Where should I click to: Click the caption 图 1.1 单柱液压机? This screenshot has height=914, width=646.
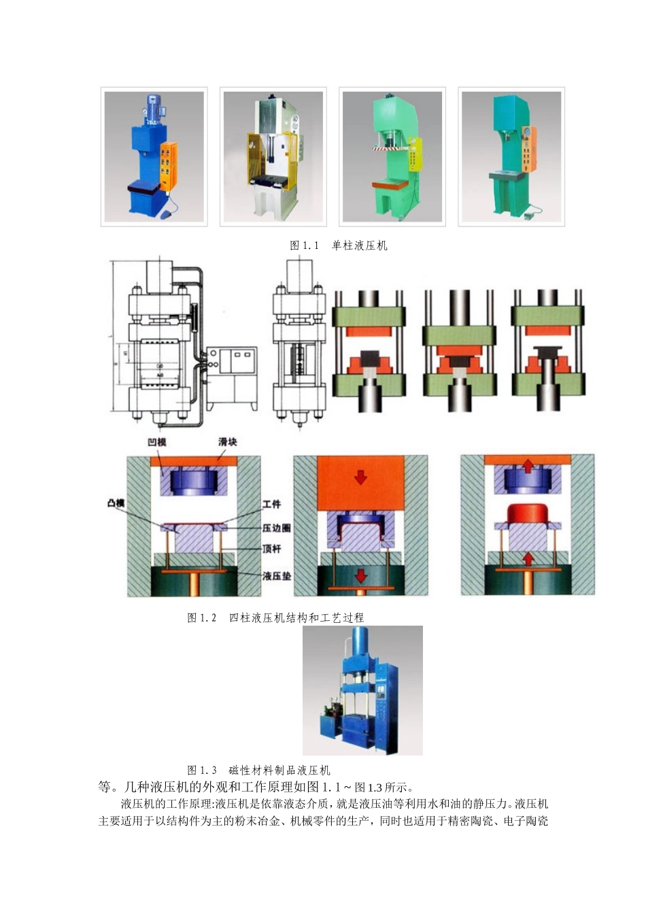(339, 246)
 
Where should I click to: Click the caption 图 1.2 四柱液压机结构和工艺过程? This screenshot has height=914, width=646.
(275, 617)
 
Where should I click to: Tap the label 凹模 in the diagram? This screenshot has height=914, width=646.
(157, 442)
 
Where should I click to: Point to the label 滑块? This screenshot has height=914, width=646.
(228, 442)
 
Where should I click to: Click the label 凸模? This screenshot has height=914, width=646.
(116, 503)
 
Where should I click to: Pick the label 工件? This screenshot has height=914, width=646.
(271, 504)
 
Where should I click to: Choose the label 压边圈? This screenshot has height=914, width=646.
(276, 528)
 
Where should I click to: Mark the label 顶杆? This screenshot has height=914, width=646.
(271, 548)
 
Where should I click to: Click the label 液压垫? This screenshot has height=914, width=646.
(276, 575)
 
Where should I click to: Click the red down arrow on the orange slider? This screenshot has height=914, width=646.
(360, 477)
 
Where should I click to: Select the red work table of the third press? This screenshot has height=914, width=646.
(389, 184)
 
